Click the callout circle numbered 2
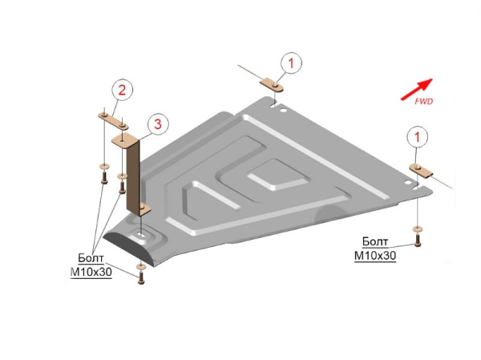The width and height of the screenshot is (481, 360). click(122, 91)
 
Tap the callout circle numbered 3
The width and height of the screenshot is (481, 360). click(158, 124)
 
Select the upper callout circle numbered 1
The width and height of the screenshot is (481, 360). click(291, 63)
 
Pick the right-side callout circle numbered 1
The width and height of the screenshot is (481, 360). click(417, 137)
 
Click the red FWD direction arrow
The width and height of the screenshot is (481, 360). click(417, 89)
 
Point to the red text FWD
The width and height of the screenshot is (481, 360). click(423, 101)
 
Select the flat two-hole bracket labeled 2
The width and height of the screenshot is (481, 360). click(113, 121)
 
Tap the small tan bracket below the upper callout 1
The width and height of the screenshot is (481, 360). click(272, 85)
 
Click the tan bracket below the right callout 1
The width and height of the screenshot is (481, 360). click(421, 171)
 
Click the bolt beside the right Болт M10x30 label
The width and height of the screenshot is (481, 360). click(417, 240)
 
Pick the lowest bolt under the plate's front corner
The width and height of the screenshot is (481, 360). click(141, 277)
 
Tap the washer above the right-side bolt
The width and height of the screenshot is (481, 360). click(417, 229)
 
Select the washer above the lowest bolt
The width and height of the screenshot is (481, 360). click(140, 266)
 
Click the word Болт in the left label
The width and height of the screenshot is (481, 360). click(91, 258)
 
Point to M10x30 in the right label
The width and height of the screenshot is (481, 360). click(375, 256)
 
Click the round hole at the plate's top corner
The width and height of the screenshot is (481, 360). click(282, 110)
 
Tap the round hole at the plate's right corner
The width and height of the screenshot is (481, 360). click(407, 182)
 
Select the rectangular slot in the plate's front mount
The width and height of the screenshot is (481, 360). click(141, 234)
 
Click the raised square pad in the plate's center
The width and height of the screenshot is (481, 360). click(276, 174)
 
